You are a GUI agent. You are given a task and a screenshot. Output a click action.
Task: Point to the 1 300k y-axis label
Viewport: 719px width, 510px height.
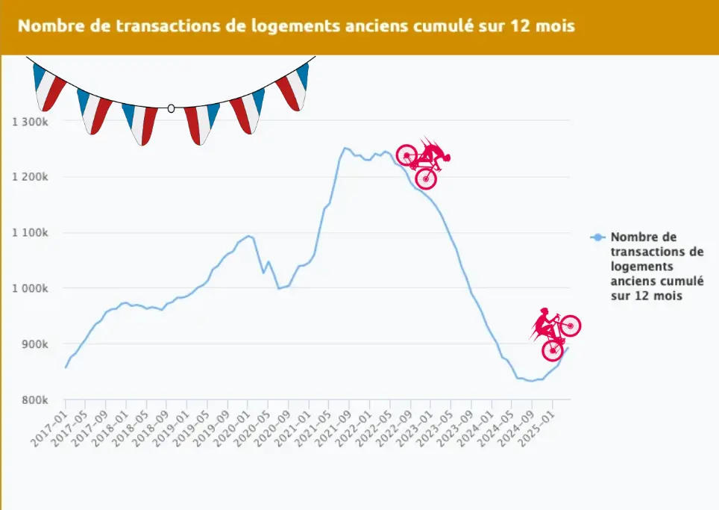click(31, 121)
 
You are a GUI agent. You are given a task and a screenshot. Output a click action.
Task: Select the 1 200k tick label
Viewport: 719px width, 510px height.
click(31, 177)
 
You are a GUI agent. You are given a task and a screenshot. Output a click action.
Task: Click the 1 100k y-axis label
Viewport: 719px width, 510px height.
click(31, 232)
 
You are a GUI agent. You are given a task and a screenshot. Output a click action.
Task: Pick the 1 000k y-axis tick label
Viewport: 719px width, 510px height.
click(31, 288)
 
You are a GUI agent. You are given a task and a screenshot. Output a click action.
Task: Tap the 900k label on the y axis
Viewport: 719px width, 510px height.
click(35, 344)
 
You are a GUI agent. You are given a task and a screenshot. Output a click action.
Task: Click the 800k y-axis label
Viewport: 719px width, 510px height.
click(35, 399)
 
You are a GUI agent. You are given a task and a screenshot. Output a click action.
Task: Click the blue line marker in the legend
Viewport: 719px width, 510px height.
click(597, 237)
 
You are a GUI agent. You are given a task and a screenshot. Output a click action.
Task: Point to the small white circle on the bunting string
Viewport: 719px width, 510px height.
click(171, 109)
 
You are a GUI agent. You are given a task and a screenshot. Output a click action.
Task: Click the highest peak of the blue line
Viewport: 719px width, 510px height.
click(345, 148)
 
